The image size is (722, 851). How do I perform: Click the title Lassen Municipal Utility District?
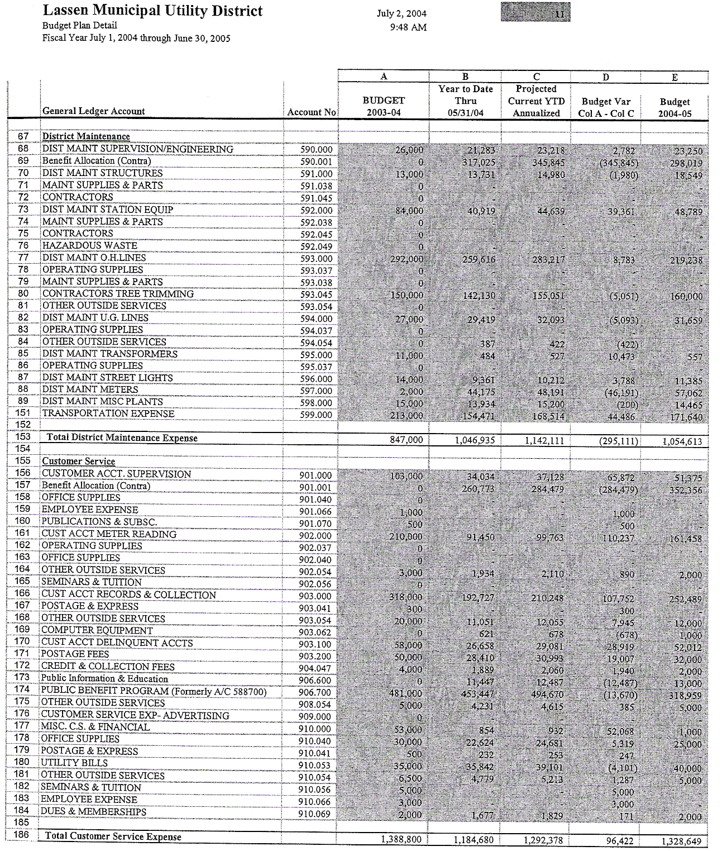[152, 11]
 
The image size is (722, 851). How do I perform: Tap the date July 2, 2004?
[402, 14]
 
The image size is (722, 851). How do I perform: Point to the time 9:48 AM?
[408, 27]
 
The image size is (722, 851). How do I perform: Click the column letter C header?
[536, 77]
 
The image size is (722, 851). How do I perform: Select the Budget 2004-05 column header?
[675, 107]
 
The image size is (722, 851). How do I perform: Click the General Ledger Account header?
[93, 111]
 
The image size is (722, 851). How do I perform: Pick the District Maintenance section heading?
[86, 136]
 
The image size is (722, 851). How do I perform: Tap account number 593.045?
[315, 294]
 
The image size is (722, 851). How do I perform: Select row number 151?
[23, 413]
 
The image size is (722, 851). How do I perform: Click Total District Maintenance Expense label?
[122, 438]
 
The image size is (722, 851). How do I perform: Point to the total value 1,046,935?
[475, 440]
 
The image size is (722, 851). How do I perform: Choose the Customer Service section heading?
[79, 462]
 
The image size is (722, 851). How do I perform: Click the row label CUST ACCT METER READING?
[109, 534]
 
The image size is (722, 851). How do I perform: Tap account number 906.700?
[315, 693]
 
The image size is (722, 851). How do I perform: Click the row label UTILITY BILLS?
[74, 763]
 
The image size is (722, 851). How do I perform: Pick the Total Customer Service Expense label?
[113, 836]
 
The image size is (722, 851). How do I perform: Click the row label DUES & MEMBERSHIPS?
[93, 811]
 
